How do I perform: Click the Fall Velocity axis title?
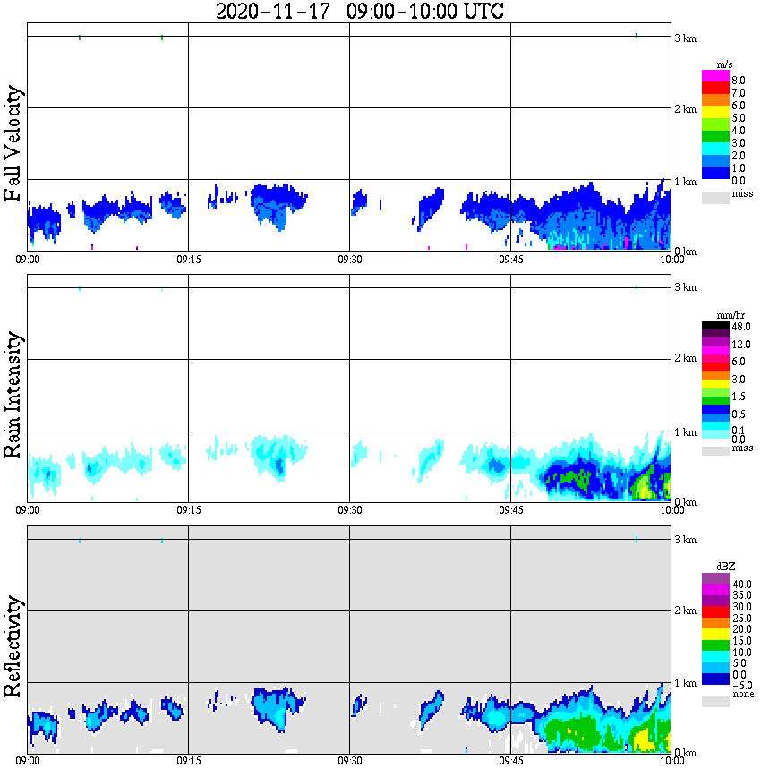click(x=13, y=144)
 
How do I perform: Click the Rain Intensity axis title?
click(x=13, y=395)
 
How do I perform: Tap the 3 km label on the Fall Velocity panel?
click(x=685, y=38)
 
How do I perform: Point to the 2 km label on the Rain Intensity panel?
click(x=685, y=360)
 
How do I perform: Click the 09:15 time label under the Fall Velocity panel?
click(x=188, y=260)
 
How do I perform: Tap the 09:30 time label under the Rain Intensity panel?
click(x=349, y=511)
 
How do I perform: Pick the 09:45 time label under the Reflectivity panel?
click(x=510, y=762)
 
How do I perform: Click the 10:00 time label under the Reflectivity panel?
click(x=671, y=762)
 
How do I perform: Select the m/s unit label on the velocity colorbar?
click(x=724, y=65)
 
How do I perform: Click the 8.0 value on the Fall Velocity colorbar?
click(x=739, y=81)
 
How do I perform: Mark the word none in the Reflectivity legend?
click(x=742, y=695)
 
